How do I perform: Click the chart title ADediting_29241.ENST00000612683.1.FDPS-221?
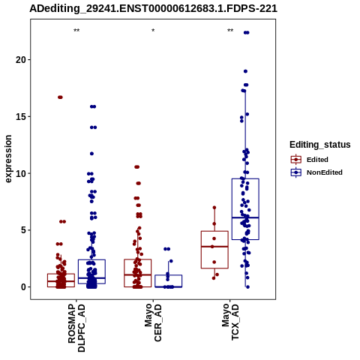(x=153, y=8)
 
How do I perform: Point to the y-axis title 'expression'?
(x=8, y=159)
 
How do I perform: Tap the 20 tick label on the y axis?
(x=21, y=59)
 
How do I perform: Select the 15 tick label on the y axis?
(x=21, y=116)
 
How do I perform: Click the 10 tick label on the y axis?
(x=21, y=173)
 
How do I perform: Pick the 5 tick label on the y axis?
(x=24, y=230)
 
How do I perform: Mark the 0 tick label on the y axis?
(x=24, y=287)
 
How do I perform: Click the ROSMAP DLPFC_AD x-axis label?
(x=76, y=328)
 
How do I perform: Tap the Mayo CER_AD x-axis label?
(x=153, y=322)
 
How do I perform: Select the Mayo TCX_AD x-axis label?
(x=230, y=322)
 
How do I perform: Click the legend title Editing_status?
(x=320, y=145)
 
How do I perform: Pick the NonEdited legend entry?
(x=316, y=172)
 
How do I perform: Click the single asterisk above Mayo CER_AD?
(x=153, y=31)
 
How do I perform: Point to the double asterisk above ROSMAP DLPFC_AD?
(x=76, y=31)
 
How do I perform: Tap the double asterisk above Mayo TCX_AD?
(x=230, y=31)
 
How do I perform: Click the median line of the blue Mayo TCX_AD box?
(x=245, y=217)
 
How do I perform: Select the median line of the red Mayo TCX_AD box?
(x=214, y=247)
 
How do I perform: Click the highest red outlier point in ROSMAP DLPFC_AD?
(x=60, y=97)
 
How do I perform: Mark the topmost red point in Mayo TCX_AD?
(x=214, y=208)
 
